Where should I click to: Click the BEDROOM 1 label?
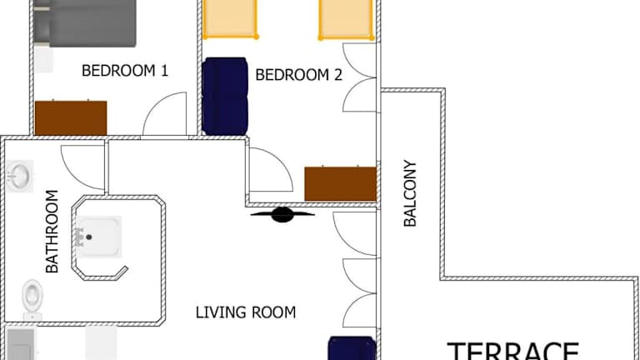(x=125, y=71)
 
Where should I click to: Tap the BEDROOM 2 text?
(x=299, y=75)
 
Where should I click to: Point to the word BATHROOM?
(x=52, y=232)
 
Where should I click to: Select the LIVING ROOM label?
(x=246, y=312)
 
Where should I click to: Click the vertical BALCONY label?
(x=410, y=193)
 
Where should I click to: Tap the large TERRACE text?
(x=513, y=352)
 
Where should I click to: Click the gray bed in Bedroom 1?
(x=84, y=22)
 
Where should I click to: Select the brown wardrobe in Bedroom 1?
(x=71, y=117)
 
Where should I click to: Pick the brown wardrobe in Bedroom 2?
(x=340, y=183)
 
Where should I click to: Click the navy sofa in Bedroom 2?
(x=225, y=97)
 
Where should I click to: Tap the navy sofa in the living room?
(x=352, y=348)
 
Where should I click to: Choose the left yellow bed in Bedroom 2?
(x=230, y=19)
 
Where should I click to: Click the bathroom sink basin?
(x=19, y=176)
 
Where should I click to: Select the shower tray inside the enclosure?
(x=99, y=237)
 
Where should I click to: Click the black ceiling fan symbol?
(x=282, y=215)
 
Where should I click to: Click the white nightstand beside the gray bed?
(x=43, y=59)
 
